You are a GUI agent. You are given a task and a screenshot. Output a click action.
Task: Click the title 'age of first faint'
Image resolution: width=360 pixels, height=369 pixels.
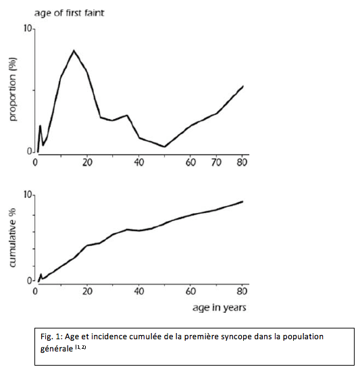click(69, 13)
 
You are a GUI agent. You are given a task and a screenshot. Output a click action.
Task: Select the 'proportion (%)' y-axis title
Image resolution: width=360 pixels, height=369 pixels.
click(13, 89)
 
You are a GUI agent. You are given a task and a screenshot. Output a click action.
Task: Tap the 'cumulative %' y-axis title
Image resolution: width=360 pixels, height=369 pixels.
click(12, 238)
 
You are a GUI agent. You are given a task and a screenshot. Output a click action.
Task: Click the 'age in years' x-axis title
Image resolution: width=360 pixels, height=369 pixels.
click(220, 307)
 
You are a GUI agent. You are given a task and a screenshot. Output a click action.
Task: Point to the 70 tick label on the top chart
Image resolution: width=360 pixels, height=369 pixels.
click(216, 162)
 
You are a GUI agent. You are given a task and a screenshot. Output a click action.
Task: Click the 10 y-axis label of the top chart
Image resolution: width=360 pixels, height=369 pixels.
click(28, 28)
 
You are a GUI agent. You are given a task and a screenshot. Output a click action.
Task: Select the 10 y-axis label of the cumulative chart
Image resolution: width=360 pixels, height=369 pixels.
click(28, 195)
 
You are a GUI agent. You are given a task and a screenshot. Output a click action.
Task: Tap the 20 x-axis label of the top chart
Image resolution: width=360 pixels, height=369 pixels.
click(87, 162)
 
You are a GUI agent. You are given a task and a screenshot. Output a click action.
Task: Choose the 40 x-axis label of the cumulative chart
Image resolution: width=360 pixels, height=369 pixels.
click(139, 291)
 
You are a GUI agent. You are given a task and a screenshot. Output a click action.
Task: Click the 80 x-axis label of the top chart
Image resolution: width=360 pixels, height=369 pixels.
click(242, 162)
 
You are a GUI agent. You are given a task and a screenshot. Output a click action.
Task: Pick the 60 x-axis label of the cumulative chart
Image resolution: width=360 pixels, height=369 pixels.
click(190, 291)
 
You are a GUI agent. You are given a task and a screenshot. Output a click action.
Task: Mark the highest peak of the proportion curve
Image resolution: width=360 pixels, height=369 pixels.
click(74, 51)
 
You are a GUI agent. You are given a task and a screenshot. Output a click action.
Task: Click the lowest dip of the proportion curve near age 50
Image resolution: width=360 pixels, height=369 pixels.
click(165, 147)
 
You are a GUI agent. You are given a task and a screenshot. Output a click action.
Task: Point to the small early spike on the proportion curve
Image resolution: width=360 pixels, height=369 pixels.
click(41, 126)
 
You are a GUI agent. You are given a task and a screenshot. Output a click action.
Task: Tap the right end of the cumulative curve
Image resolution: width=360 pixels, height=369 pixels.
click(242, 201)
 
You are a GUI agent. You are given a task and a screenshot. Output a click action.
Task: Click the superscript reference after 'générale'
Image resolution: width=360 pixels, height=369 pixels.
click(80, 347)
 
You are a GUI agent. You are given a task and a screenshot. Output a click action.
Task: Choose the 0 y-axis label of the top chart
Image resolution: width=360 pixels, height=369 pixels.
click(30, 151)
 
